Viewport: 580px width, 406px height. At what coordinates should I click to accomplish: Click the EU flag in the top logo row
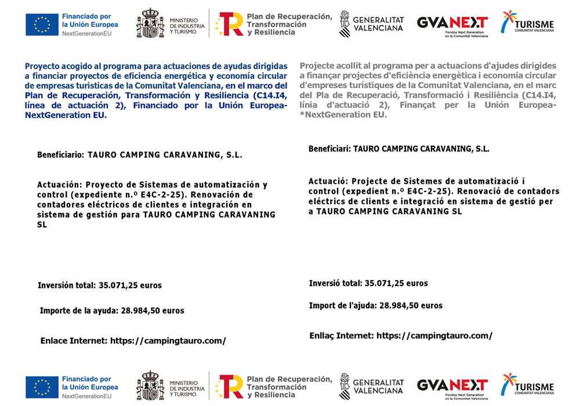[42, 24]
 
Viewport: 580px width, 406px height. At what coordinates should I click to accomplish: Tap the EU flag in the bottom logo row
[42, 387]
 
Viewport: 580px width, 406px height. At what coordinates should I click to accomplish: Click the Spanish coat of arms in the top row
[150, 24]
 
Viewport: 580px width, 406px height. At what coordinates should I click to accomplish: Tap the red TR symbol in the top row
[230, 24]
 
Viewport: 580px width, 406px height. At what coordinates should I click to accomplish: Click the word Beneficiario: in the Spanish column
[61, 155]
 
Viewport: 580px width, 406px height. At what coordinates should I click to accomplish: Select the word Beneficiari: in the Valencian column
[329, 149]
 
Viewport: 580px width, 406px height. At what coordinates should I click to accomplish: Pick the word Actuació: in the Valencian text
[328, 181]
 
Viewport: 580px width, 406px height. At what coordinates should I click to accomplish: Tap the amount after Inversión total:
[130, 285]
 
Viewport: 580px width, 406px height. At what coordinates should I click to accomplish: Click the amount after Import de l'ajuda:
[411, 306]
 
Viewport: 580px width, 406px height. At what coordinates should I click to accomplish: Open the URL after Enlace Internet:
[168, 341]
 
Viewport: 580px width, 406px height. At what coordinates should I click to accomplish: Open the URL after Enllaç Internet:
[434, 336]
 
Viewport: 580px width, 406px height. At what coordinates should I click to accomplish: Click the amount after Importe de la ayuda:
[153, 311]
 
